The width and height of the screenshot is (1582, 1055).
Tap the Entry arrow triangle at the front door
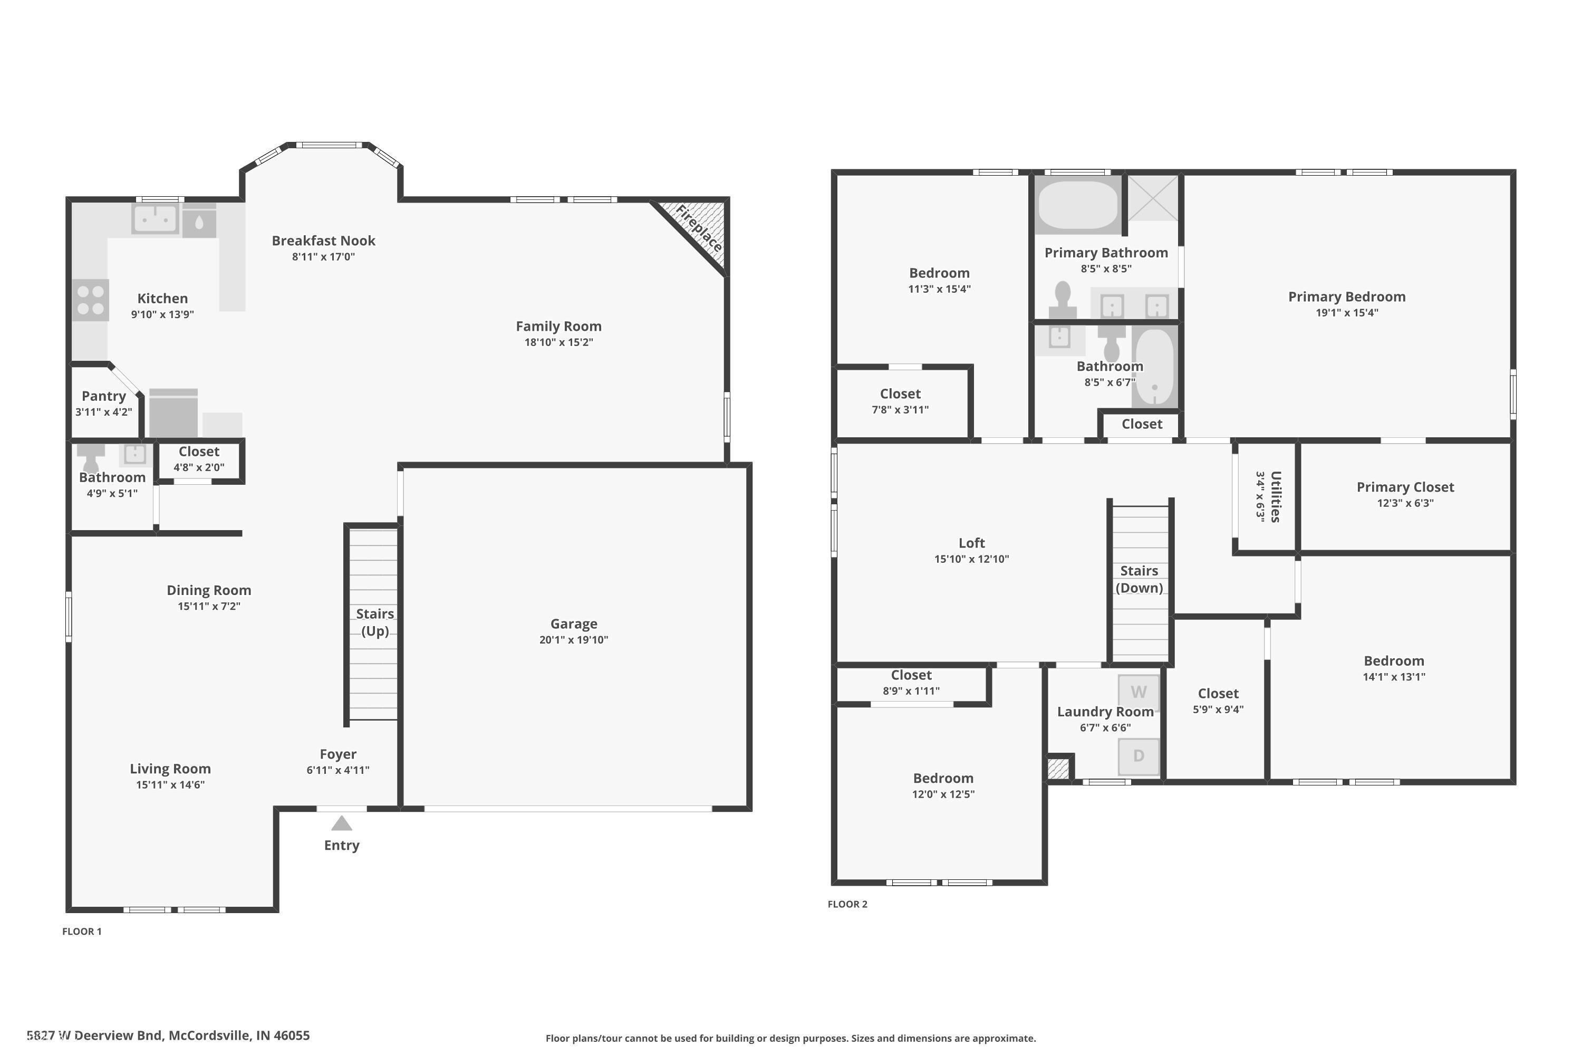click(342, 823)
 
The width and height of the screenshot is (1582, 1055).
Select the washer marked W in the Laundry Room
click(1138, 692)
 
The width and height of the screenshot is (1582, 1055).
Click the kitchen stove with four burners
click(90, 300)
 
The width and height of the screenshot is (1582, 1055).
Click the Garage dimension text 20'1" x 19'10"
click(573, 640)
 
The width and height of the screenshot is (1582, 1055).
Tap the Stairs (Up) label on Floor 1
click(374, 622)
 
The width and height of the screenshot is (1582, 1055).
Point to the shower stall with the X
click(1153, 198)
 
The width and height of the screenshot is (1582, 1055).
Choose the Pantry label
click(103, 396)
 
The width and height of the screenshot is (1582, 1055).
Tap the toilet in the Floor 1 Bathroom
click(90, 457)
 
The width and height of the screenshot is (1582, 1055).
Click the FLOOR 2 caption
click(847, 904)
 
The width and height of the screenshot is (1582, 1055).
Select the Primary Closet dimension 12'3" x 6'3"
click(1405, 503)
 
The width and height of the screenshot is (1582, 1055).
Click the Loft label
click(971, 543)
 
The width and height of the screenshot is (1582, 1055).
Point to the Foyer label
click(337, 754)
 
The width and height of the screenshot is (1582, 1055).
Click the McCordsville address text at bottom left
click(168, 1035)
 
